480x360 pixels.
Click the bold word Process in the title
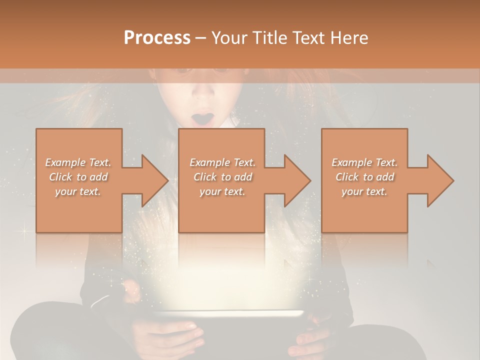(x=157, y=38)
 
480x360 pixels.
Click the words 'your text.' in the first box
(x=78, y=191)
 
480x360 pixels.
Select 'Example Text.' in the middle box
(x=222, y=162)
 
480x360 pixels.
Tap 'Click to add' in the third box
(x=365, y=177)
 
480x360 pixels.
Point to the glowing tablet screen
(x=228, y=314)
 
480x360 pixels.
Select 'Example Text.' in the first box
(x=78, y=162)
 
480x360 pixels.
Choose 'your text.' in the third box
(x=365, y=191)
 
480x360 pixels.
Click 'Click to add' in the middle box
(x=222, y=177)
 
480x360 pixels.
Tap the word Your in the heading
(x=228, y=38)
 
